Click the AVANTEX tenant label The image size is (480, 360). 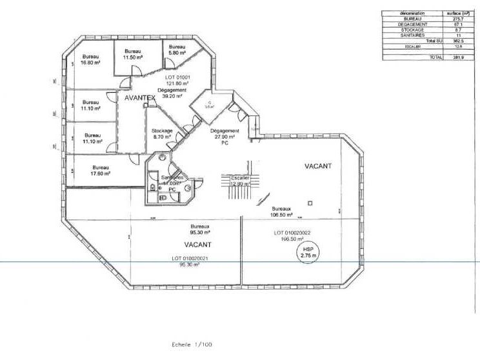tap(140, 97)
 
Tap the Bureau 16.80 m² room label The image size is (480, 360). tap(90, 60)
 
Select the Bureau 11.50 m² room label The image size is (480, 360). tap(133, 54)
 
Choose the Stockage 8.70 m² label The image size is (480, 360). tap(163, 134)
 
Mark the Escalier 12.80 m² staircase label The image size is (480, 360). tap(240, 181)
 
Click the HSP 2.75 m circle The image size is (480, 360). tap(306, 252)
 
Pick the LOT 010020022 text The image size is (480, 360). tap(292, 233)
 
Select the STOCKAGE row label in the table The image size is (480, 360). tap(412, 30)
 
